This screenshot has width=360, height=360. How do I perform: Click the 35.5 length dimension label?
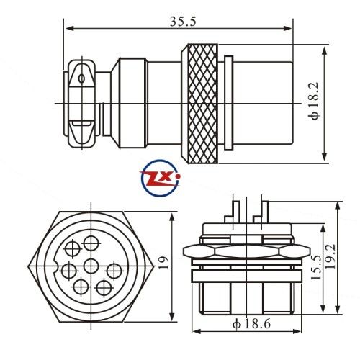[x=183, y=21]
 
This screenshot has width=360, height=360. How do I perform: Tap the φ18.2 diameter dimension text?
[x=315, y=101]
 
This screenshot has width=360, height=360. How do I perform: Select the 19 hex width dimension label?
[x=163, y=263]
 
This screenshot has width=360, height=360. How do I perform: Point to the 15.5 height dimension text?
[x=316, y=267]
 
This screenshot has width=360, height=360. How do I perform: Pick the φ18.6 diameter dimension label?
[x=251, y=324]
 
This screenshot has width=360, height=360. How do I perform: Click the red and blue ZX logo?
[x=160, y=178]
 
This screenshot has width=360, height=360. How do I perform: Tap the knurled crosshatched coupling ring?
[x=203, y=104]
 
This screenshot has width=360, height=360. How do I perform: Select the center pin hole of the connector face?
[x=91, y=266]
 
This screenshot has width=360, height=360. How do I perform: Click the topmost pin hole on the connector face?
[x=91, y=243]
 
